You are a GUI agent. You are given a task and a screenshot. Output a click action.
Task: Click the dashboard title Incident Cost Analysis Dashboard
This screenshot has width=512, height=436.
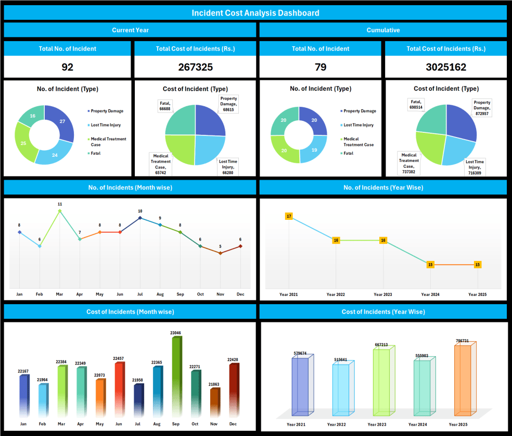pyautogui.click(x=255, y=13)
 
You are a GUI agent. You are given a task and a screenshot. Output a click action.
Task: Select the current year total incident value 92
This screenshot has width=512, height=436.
pyautogui.click(x=67, y=67)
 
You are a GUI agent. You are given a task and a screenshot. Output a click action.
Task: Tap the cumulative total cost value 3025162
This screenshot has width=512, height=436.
pyautogui.click(x=445, y=67)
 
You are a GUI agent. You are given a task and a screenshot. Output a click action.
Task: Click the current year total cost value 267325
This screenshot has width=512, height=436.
pyautogui.click(x=195, y=67)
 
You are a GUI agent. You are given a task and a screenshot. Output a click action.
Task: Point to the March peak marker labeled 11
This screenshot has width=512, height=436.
pyautogui.click(x=60, y=211)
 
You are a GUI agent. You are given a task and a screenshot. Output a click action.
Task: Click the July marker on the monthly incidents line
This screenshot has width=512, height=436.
pyautogui.click(x=140, y=218)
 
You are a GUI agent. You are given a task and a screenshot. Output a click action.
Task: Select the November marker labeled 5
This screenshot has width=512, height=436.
pyautogui.click(x=220, y=253)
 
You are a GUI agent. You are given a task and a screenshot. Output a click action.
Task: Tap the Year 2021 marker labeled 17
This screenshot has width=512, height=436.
pyautogui.click(x=289, y=216)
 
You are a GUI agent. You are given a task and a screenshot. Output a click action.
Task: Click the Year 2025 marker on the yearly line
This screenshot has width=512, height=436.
pyautogui.click(x=478, y=265)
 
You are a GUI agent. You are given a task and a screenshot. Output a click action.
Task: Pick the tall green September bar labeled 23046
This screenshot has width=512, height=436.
pyautogui.click(x=176, y=375)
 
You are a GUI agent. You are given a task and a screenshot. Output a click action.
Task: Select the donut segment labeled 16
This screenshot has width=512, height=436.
pyautogui.click(x=33, y=116)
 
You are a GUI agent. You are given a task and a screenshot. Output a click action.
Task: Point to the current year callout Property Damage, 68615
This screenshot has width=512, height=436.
pyautogui.click(x=228, y=104)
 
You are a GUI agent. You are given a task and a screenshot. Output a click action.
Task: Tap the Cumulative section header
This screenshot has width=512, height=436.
pyautogui.click(x=383, y=30)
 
